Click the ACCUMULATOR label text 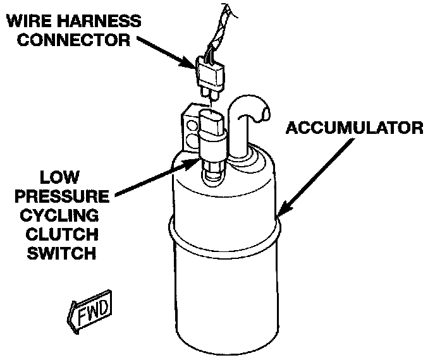[x=353, y=128]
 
